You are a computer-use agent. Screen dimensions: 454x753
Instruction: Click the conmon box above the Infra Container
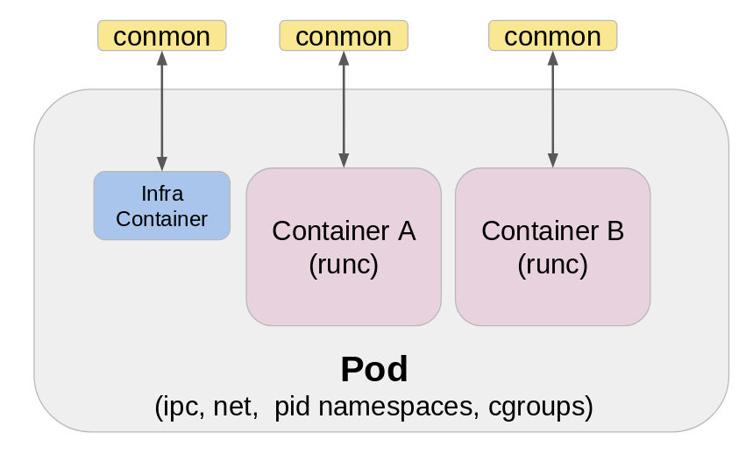(161, 36)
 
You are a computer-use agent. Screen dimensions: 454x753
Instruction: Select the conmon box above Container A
(344, 36)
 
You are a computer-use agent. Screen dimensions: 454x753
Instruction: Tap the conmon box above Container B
(552, 36)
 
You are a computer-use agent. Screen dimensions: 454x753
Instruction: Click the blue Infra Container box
(161, 205)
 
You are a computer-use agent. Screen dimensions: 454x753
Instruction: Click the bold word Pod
(374, 370)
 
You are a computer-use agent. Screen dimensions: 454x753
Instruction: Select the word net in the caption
(234, 408)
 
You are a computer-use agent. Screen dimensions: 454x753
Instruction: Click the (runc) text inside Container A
(344, 264)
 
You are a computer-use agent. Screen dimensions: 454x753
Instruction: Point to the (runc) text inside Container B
(552, 264)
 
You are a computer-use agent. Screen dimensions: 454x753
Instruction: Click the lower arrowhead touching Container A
(344, 160)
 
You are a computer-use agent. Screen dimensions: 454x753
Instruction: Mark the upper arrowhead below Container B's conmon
(552, 59)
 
